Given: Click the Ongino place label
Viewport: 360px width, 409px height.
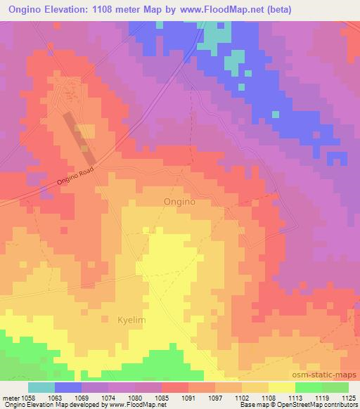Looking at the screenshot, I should coord(179,201).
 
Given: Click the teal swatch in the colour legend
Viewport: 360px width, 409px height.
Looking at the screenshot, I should coord(41,387).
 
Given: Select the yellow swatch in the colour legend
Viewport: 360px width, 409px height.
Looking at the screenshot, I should coord(281,387).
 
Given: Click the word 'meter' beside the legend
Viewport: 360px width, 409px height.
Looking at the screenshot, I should coord(11,398).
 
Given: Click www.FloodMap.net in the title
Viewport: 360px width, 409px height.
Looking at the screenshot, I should coord(216,10).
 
